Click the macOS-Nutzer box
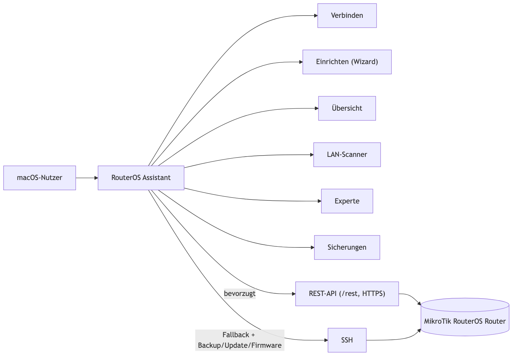40,178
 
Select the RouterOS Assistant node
141,178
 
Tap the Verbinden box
347,16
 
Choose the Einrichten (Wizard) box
347,62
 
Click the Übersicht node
347,108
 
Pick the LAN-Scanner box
347,155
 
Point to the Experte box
347,201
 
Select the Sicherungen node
347,247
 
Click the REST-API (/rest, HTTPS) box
347,294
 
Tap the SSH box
347,340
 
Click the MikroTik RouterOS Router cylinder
465,317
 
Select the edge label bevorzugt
240,294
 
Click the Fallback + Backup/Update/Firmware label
240,340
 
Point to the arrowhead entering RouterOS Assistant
96,178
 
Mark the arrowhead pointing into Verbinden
316,16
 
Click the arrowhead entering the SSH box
326,340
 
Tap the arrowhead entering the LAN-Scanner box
312,155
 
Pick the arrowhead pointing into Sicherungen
313,247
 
